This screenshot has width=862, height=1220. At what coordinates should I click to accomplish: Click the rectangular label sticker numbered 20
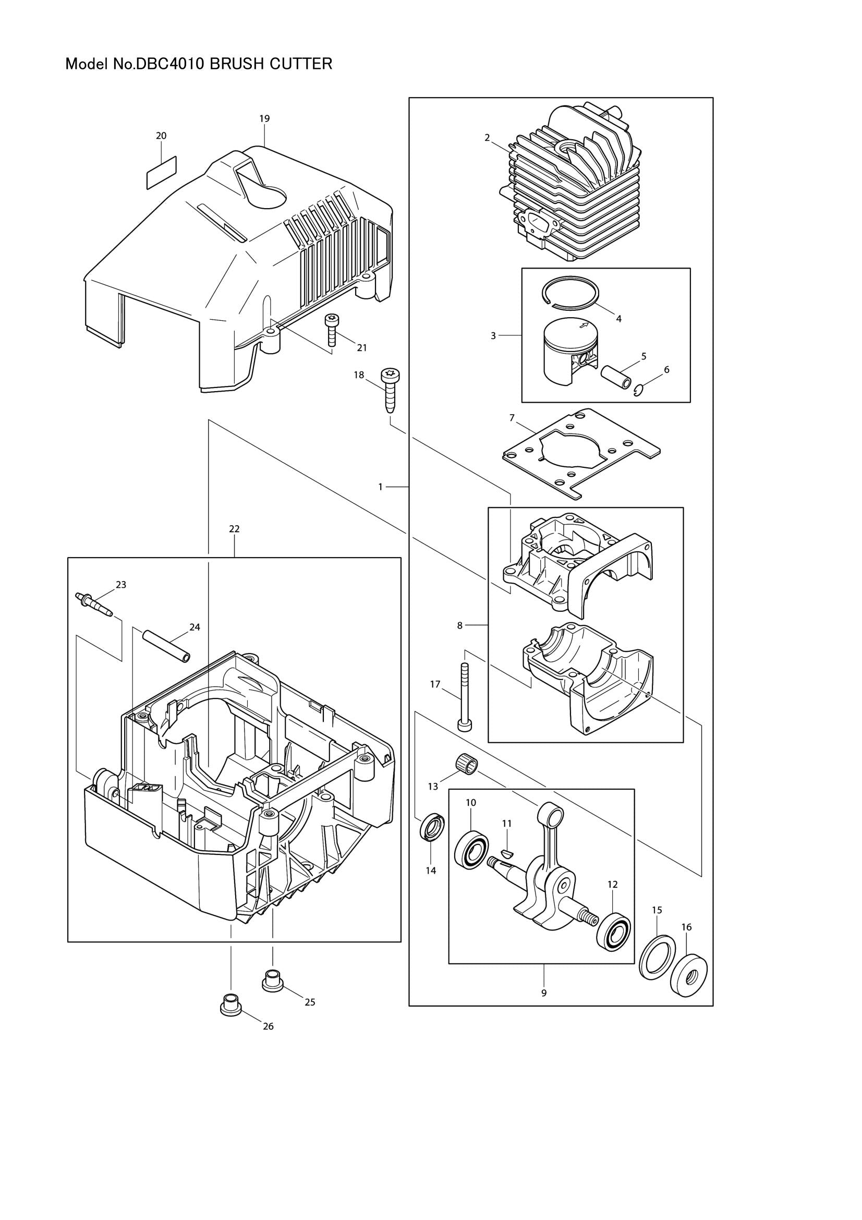pyautogui.click(x=161, y=172)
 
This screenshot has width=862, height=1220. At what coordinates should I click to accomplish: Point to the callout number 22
pyautogui.click(x=234, y=529)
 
